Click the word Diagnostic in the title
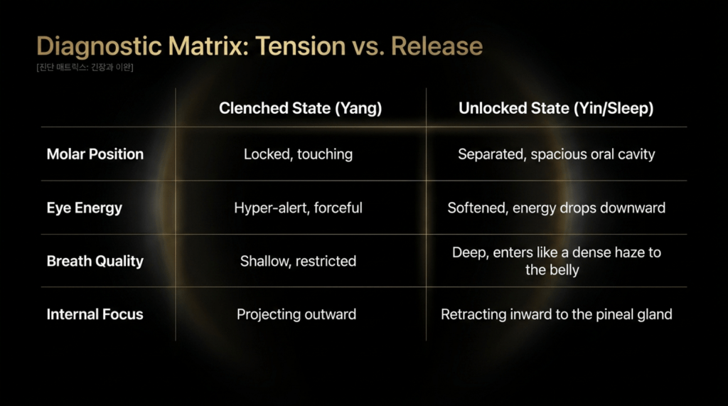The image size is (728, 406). pyautogui.click(x=99, y=47)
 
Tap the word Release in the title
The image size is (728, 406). pyautogui.click(x=437, y=46)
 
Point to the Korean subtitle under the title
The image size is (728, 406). pyautogui.click(x=85, y=68)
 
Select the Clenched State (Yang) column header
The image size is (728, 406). pyautogui.click(x=301, y=108)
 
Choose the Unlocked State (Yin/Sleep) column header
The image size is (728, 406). pyautogui.click(x=556, y=108)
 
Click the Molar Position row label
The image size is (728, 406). pyautogui.click(x=95, y=154)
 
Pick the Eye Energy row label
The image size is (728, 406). pyautogui.click(x=85, y=208)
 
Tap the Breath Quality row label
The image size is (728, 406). pyautogui.click(x=95, y=261)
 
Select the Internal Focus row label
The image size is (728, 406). pyautogui.click(x=95, y=314)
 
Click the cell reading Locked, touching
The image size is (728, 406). pyautogui.click(x=298, y=154)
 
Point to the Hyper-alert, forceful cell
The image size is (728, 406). pyautogui.click(x=298, y=208)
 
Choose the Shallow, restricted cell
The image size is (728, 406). pyautogui.click(x=298, y=261)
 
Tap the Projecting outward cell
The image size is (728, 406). pyautogui.click(x=296, y=314)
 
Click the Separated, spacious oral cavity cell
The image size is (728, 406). pyautogui.click(x=556, y=154)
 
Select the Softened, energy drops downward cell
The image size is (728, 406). pyautogui.click(x=556, y=208)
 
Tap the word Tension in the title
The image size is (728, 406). pyautogui.click(x=301, y=46)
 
